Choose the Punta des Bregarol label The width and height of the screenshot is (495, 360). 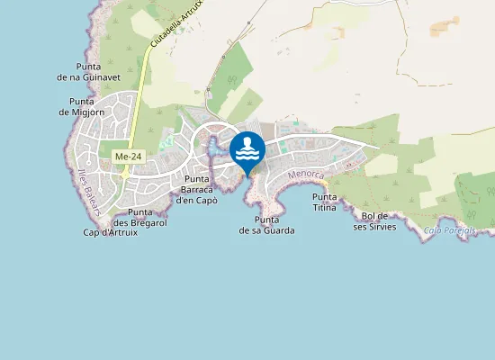coord(139,217)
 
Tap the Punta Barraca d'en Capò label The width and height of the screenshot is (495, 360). coord(197,189)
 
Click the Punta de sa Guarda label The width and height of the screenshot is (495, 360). coord(266,225)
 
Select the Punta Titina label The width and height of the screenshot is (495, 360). coord(324,202)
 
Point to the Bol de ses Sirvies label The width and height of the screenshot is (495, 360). coord(373,220)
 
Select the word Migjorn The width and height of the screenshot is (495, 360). coord(90,112)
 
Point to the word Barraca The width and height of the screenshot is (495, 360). coord(197,189)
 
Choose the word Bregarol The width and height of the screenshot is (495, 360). coord(147,222)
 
